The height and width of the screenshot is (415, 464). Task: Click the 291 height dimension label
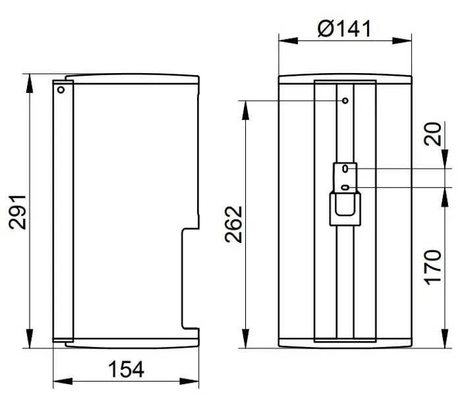coord(17,212)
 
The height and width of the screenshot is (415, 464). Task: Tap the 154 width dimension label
coord(127,369)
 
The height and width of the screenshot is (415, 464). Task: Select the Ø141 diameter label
coord(344,29)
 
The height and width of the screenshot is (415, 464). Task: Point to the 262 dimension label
coord(233,224)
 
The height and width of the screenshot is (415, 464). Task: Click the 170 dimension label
coord(433,267)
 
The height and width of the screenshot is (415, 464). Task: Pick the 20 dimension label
coord(432,134)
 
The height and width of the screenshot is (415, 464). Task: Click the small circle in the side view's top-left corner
coord(61,90)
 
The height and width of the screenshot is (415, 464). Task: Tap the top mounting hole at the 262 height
coord(345,101)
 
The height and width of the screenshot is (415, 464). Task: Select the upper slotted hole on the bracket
coord(345,169)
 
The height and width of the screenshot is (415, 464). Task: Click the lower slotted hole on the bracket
coord(345,188)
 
